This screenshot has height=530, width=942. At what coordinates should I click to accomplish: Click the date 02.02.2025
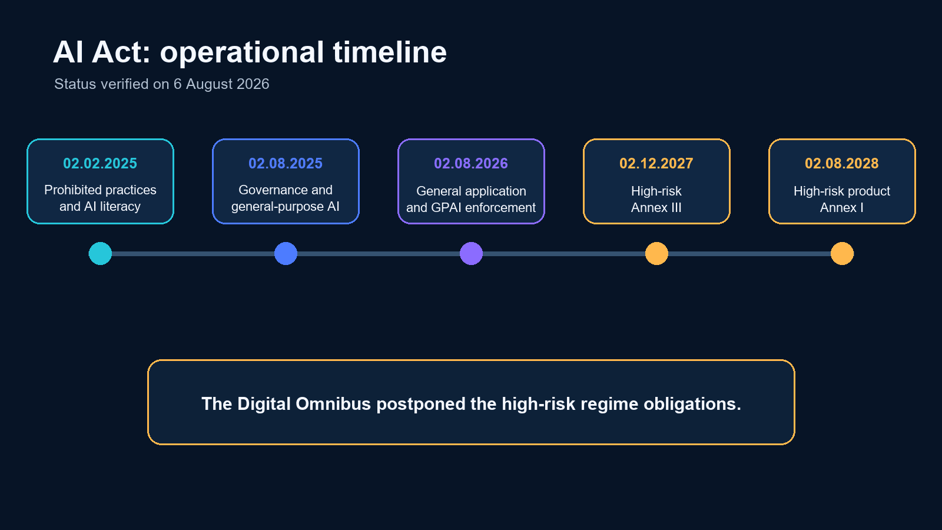coord(100,163)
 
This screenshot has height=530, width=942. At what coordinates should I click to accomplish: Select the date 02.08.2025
coord(286,163)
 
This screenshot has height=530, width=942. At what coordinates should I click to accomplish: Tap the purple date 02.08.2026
coord(471,163)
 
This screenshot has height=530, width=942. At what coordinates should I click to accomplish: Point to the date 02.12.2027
coord(656,163)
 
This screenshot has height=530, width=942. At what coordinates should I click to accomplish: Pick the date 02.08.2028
coord(842,163)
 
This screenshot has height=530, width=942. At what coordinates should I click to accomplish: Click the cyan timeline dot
coord(100,254)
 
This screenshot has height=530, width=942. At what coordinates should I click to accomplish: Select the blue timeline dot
coord(286,254)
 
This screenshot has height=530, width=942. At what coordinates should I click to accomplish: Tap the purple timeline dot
coord(471,254)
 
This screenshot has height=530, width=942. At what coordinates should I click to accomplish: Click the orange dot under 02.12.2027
coord(656,254)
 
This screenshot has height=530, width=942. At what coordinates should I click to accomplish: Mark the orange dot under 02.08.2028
coord(842,254)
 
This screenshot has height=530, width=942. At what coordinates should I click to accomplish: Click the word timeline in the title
coord(390,52)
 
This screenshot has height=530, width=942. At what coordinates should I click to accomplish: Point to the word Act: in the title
coord(121,52)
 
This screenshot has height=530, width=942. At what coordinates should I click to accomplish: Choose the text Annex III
coord(656,208)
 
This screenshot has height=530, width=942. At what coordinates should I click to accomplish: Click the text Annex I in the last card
coord(842,208)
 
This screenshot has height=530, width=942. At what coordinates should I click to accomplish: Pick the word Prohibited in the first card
coord(70,190)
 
